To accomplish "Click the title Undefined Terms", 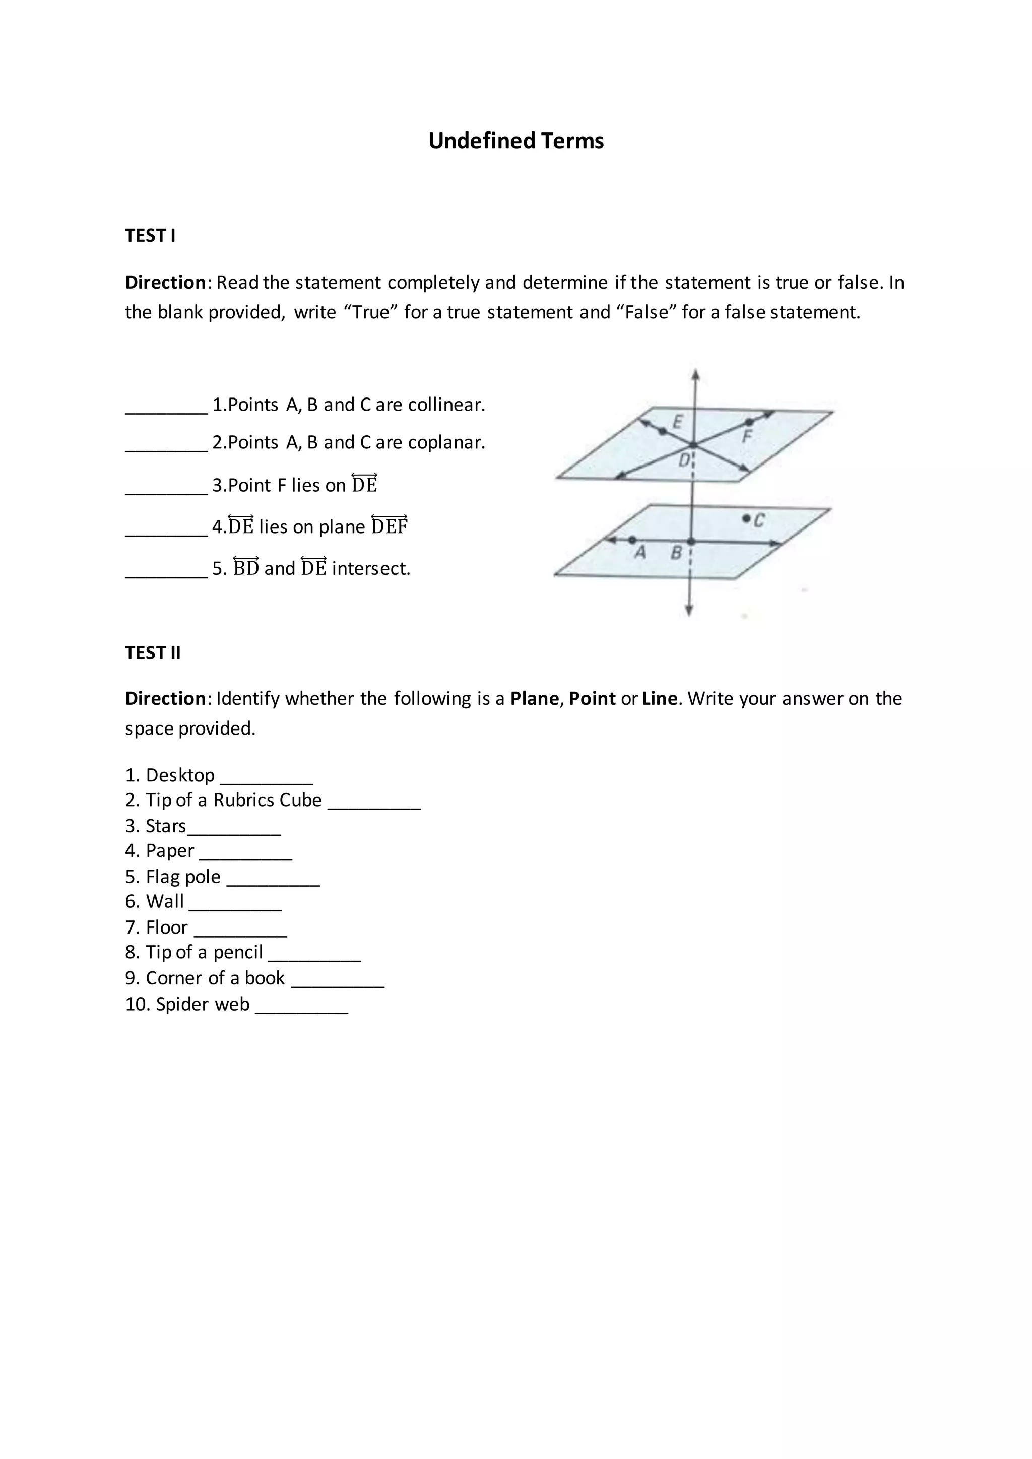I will click(x=515, y=141).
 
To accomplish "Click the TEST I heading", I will click(x=150, y=236).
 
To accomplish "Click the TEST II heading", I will click(x=153, y=653).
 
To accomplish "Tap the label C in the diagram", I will click(x=759, y=520).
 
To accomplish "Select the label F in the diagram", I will click(x=747, y=436).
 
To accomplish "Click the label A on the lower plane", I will click(x=640, y=553).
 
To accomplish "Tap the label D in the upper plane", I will click(x=684, y=460).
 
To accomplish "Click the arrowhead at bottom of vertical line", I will click(x=689, y=611).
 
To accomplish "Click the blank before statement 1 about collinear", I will click(x=166, y=407).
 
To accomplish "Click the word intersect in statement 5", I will click(x=370, y=568).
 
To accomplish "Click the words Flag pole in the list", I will click(x=183, y=877).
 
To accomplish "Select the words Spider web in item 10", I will click(x=202, y=1004).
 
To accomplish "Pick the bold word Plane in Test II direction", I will click(x=534, y=698).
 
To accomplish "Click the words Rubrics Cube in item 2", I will click(x=268, y=800).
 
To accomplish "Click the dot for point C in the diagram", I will click(x=746, y=518).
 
